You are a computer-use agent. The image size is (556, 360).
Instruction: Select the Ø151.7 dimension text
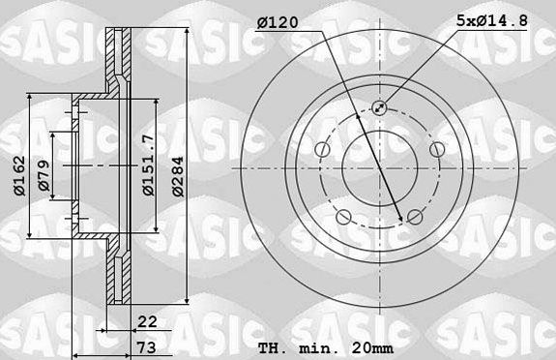(x=147, y=166)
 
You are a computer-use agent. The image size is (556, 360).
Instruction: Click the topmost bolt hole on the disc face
(x=379, y=108)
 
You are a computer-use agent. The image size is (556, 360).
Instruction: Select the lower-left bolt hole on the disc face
(x=342, y=215)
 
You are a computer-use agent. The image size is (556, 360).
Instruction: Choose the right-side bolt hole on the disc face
(x=436, y=149)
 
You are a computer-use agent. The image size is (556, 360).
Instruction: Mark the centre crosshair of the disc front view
(x=379, y=166)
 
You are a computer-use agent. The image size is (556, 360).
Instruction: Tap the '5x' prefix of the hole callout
(x=462, y=19)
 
